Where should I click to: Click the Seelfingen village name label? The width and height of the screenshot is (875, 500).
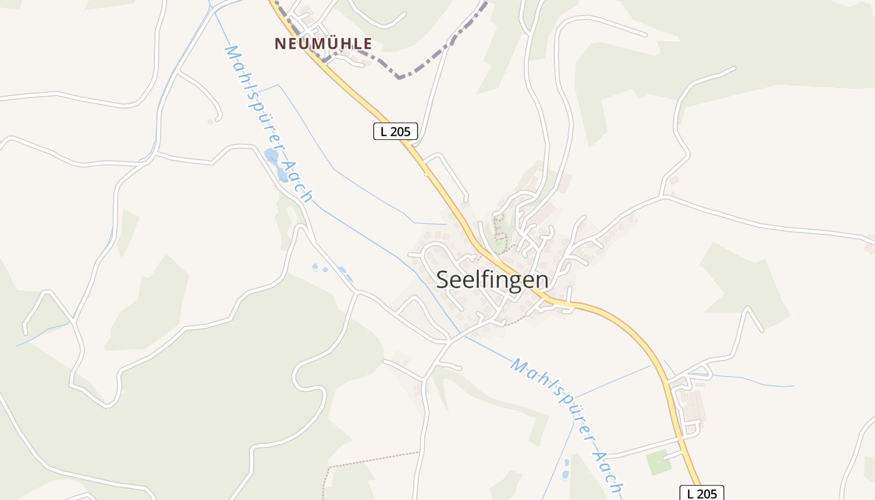[x=492, y=279]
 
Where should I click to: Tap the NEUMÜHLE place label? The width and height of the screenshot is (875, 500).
[x=323, y=44]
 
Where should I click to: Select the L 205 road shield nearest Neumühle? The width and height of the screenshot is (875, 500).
[x=395, y=131]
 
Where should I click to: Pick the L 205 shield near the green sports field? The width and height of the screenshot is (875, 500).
[x=701, y=493]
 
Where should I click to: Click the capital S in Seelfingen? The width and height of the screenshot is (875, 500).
[x=442, y=279]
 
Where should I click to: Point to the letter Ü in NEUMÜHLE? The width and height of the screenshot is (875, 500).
[x=331, y=43]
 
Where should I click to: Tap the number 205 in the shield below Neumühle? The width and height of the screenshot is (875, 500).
[x=401, y=131]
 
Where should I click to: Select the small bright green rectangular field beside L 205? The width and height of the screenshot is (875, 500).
[x=658, y=462]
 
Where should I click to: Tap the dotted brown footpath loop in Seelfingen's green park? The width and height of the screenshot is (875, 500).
[x=498, y=228]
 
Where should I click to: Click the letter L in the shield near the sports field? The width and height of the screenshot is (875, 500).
[x=691, y=493]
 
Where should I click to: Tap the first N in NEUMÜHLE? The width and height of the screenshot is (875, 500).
[x=280, y=44]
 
